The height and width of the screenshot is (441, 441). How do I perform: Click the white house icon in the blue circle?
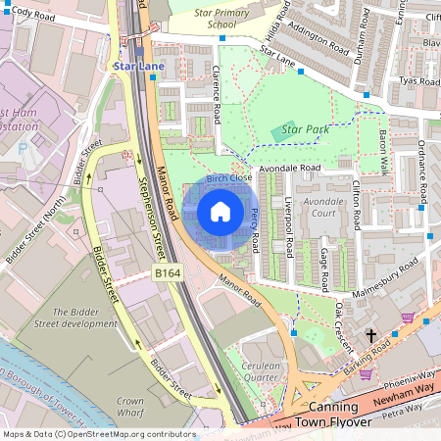pyautogui.click(x=220, y=212)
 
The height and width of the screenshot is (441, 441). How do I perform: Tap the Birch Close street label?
pyautogui.click(x=229, y=178)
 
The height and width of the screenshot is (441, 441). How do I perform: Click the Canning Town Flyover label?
pyautogui.click(x=326, y=414)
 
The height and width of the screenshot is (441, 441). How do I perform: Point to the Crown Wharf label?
pyautogui.click(x=130, y=407)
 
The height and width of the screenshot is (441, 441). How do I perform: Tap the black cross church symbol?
pyautogui.click(x=370, y=336)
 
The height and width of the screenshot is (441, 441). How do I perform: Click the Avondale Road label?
pyautogui.click(x=291, y=168)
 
